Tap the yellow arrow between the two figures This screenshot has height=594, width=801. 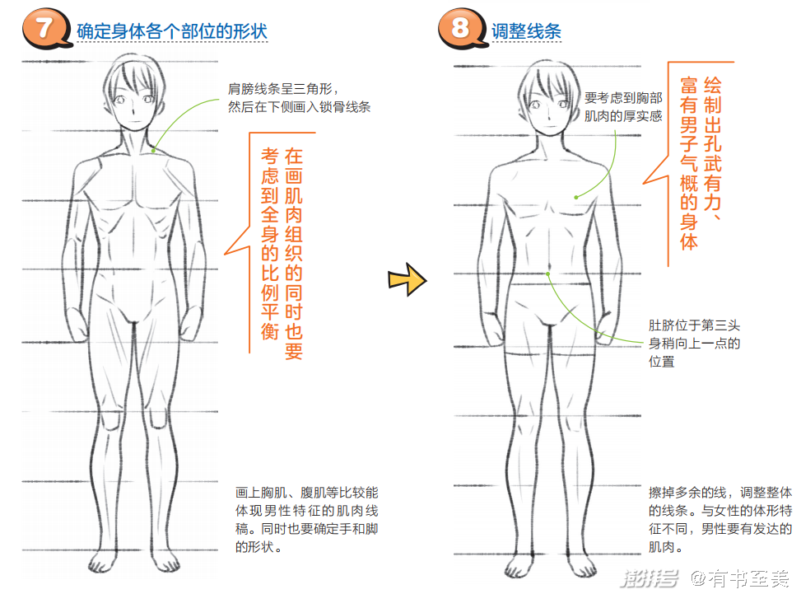coord(407,280)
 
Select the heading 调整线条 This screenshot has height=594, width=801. coord(526,32)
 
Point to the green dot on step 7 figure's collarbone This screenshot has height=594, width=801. coord(154,150)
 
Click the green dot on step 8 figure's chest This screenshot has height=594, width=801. coord(575,197)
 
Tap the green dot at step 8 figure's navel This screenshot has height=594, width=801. coord(548,273)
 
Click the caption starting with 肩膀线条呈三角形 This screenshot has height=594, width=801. coord(299,98)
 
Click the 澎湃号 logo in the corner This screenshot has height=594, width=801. coord(650,578)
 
